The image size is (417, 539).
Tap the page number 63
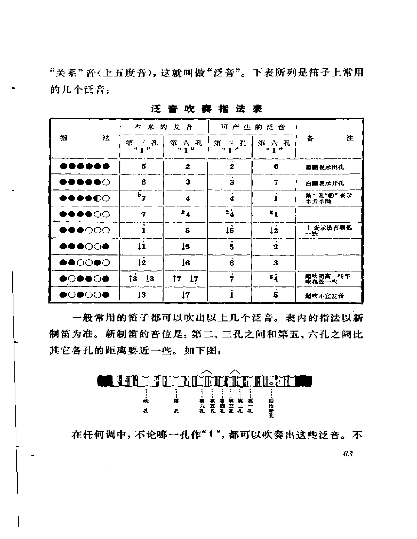[x=348, y=454]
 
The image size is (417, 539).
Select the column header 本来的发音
[x=164, y=127]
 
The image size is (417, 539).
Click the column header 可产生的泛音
[x=252, y=127]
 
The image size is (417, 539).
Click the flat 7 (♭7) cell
[x=142, y=198]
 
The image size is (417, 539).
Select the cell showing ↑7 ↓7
[x=185, y=279]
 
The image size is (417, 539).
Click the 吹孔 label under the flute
[x=146, y=406]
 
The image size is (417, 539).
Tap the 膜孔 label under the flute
[x=176, y=406]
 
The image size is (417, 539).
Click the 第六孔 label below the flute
[x=202, y=406]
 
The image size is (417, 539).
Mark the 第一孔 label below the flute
[x=250, y=406]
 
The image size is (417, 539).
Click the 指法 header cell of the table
[x=85, y=138]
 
